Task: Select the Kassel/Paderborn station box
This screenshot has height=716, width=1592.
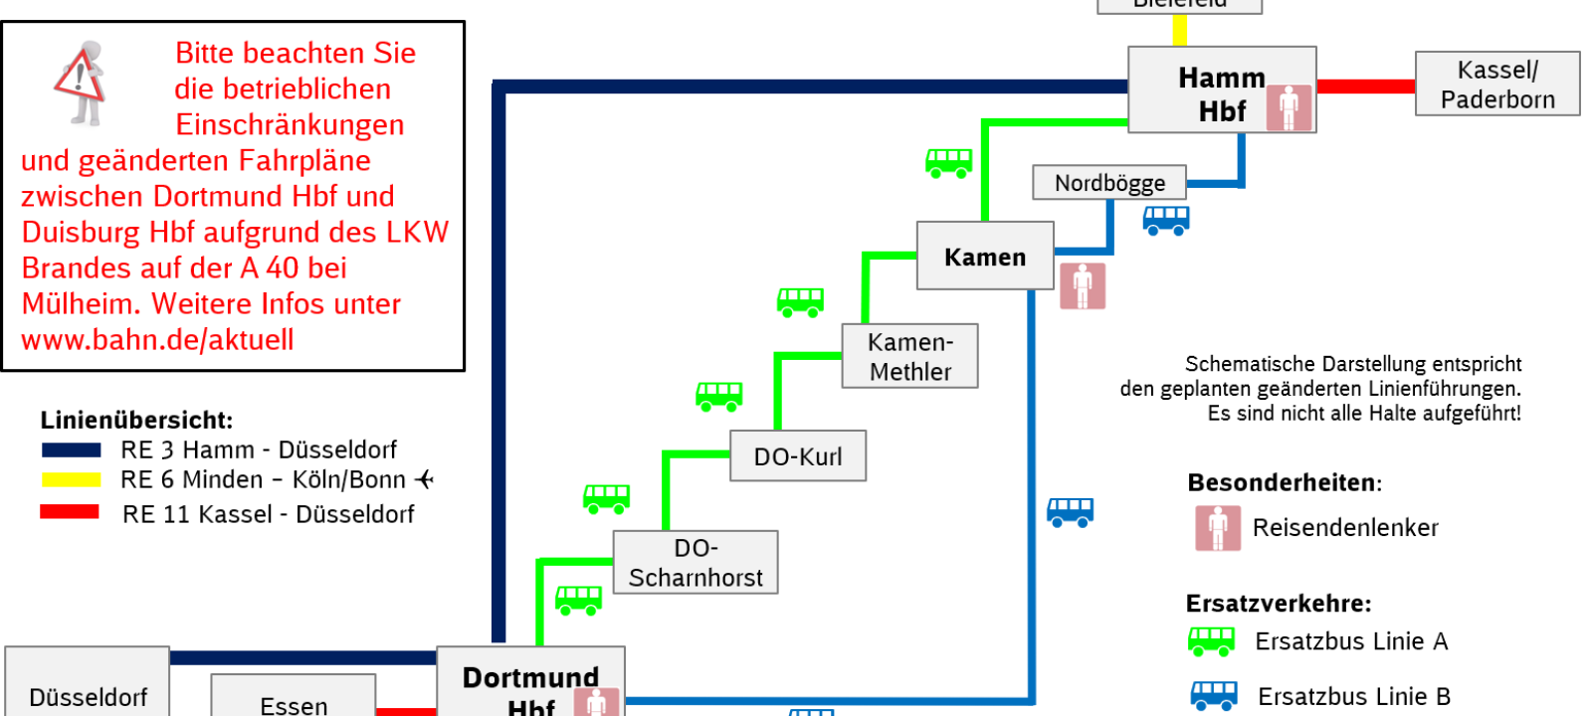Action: [x=1496, y=85]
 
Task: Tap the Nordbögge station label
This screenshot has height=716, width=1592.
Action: [x=1109, y=183]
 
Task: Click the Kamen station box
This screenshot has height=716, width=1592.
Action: [x=984, y=257]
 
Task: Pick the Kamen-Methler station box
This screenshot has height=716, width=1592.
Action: [x=909, y=356]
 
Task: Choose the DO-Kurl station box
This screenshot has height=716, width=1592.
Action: [x=798, y=456]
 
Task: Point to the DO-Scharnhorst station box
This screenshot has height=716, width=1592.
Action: [x=696, y=563]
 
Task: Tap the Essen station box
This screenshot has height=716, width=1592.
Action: [x=294, y=701]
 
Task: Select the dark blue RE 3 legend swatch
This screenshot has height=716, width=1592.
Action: [x=71, y=449]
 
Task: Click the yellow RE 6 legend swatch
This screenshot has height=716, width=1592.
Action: [x=71, y=479]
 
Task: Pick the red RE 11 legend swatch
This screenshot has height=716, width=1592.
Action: [x=70, y=512]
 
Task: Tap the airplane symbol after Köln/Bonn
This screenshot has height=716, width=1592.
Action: [x=425, y=479]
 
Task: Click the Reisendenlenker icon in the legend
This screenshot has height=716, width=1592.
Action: [x=1218, y=528]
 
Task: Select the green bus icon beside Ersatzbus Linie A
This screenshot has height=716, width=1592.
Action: [x=1211, y=641]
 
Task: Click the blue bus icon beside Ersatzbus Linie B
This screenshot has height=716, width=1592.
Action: [x=1214, y=695]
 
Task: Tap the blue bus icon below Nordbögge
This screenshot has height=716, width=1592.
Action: [x=1166, y=220]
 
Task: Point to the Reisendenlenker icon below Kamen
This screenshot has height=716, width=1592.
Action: [x=1083, y=286]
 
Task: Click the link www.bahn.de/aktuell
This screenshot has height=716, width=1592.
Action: [x=157, y=340]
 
